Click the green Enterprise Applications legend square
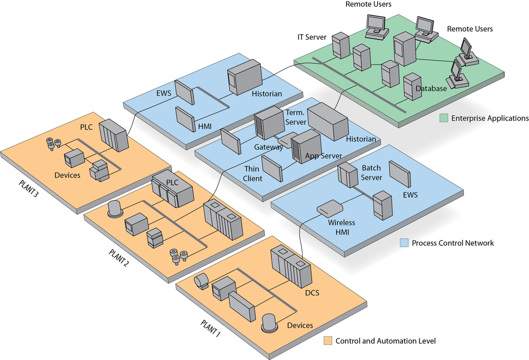[x=444, y=118]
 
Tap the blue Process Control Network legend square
[x=405, y=243]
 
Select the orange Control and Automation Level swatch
[x=328, y=341]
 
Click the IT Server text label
[x=312, y=38]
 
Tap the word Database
[x=431, y=88]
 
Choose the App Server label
[x=323, y=156]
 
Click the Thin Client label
[x=253, y=173]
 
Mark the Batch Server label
[x=371, y=173]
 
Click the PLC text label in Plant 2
[x=173, y=182]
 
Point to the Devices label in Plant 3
[x=67, y=174]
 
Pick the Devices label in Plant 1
[x=300, y=325]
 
